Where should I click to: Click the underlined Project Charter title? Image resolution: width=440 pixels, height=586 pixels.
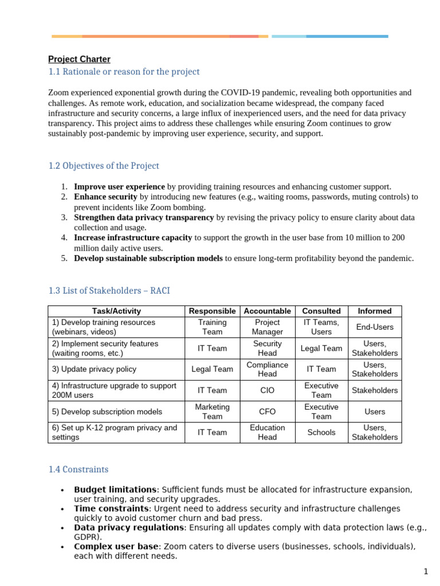pyautogui.click(x=79, y=59)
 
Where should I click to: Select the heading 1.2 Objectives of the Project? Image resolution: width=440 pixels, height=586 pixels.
pyautogui.click(x=104, y=165)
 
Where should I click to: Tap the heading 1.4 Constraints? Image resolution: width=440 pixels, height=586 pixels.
pyautogui.click(x=78, y=469)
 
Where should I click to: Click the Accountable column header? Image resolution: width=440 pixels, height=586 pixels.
pyautogui.click(x=267, y=311)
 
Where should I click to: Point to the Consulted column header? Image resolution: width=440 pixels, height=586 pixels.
pyautogui.click(x=321, y=311)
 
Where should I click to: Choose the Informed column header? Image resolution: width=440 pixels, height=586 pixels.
pyautogui.click(x=375, y=311)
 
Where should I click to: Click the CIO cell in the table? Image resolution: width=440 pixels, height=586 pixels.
pyautogui.click(x=267, y=390)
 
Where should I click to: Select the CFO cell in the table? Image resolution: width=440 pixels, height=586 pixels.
pyautogui.click(x=267, y=411)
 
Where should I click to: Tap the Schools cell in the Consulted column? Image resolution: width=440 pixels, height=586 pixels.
pyautogui.click(x=321, y=433)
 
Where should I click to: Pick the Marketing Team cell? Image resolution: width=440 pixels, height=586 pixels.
pyautogui.click(x=212, y=411)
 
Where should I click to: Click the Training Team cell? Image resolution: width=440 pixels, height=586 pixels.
pyautogui.click(x=212, y=327)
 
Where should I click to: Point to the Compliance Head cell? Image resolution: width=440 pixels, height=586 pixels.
pyautogui.click(x=267, y=369)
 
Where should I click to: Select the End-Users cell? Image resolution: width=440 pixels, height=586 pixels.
pyautogui.click(x=375, y=327)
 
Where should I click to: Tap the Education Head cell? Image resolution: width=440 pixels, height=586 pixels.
pyautogui.click(x=267, y=433)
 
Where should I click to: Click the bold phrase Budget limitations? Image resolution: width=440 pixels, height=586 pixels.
pyautogui.click(x=115, y=490)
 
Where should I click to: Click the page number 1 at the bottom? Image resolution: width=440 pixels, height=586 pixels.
pyautogui.click(x=426, y=571)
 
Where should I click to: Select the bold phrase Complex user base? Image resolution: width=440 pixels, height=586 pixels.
pyautogui.click(x=116, y=547)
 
